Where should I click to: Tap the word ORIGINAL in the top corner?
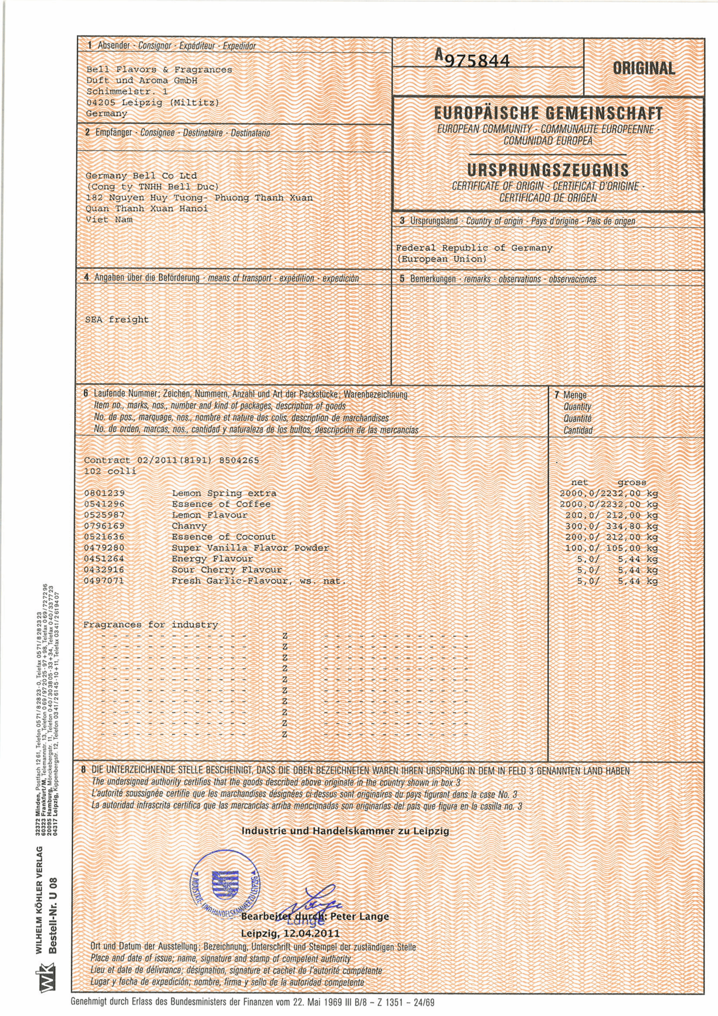[x=644, y=69]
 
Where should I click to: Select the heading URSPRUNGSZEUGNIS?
[x=548, y=170]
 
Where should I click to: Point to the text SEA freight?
[x=117, y=319]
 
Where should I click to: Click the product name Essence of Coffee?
[x=221, y=504]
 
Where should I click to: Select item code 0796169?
[x=104, y=526]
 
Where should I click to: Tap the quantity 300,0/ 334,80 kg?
[x=611, y=527]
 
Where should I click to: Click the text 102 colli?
[x=110, y=471]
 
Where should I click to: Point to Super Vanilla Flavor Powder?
[x=250, y=548]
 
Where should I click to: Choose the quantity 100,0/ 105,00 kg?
[x=611, y=548]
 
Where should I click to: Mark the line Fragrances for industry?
[x=151, y=625]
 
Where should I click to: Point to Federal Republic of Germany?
[x=474, y=248]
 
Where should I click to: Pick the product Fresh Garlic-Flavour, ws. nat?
[x=259, y=581]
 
